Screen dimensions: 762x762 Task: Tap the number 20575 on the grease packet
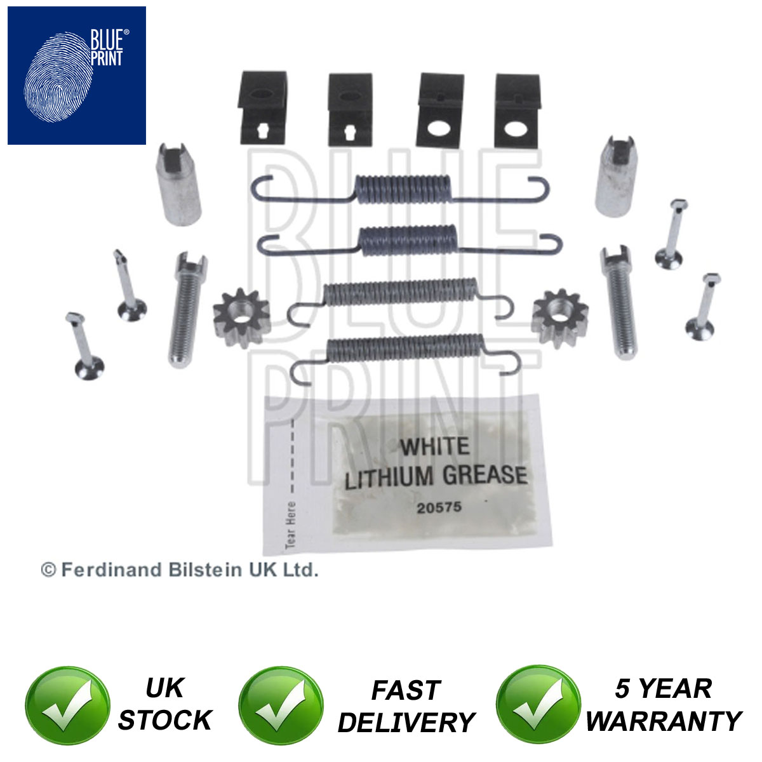coord(439,507)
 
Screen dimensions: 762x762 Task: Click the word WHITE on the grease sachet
coord(434,446)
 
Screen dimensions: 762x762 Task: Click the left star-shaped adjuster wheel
coord(241,317)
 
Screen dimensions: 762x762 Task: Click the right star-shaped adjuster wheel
coord(559,318)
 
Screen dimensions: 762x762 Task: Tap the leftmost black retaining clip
coord(262,107)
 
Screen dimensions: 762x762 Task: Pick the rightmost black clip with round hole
coord(516,110)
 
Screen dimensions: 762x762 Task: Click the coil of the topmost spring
coord(403,189)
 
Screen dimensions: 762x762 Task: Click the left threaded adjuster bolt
coord(186,310)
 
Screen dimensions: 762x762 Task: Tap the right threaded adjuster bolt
coord(618,302)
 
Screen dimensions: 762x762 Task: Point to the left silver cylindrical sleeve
coord(178,184)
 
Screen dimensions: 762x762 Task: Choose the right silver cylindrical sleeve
coord(616,177)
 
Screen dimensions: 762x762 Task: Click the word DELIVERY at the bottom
coord(406,723)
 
